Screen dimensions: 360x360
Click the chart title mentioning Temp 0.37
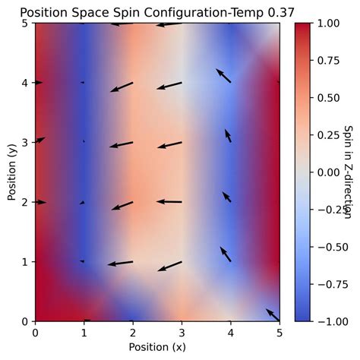point(157,11)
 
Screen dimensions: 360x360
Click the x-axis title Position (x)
point(157,347)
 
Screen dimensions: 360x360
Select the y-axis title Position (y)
point(11,172)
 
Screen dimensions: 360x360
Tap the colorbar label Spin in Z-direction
point(349,172)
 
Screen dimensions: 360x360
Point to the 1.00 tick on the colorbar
point(326,23)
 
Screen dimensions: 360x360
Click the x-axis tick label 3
point(182,333)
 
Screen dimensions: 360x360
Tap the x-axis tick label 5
point(279,333)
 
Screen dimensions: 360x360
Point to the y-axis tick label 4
point(25,83)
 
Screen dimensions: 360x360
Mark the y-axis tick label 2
point(25,202)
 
